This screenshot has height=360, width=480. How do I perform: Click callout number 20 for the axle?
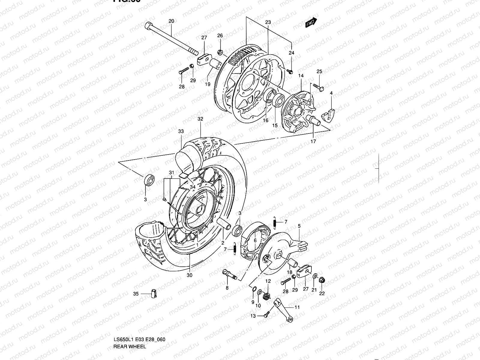click(x=171, y=21)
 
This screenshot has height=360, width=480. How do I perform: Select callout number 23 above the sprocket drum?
click(x=268, y=22)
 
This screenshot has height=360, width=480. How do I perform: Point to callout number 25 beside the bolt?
click(x=319, y=71)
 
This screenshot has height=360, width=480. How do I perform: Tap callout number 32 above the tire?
click(x=200, y=119)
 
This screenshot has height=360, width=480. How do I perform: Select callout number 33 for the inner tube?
click(x=181, y=131)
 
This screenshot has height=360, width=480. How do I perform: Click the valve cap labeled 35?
click(x=154, y=294)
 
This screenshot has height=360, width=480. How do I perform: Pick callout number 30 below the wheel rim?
click(x=190, y=275)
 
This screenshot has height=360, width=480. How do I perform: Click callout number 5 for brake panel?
click(x=299, y=226)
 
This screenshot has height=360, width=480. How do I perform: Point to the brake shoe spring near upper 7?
click(x=274, y=222)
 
